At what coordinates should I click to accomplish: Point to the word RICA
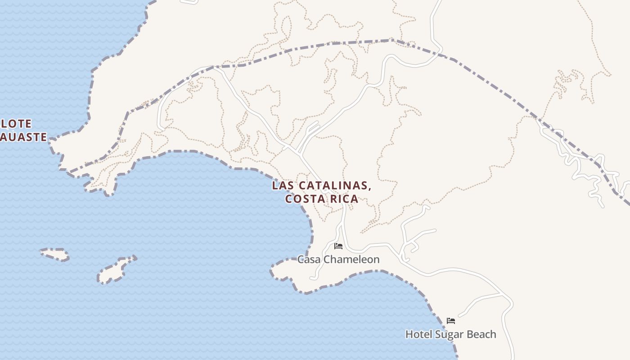click(x=344, y=198)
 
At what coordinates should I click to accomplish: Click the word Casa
click(x=309, y=259)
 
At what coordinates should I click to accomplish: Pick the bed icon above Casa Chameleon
click(x=338, y=246)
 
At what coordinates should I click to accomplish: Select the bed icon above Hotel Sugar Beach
click(x=451, y=320)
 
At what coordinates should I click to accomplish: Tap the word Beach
click(x=481, y=334)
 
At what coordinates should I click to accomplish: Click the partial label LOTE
click(x=17, y=123)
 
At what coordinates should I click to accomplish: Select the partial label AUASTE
click(x=23, y=137)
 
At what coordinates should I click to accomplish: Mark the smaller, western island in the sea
click(x=55, y=254)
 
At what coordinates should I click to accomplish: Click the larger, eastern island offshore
click(x=116, y=270)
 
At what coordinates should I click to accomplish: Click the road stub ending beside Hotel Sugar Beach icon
click(x=460, y=315)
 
